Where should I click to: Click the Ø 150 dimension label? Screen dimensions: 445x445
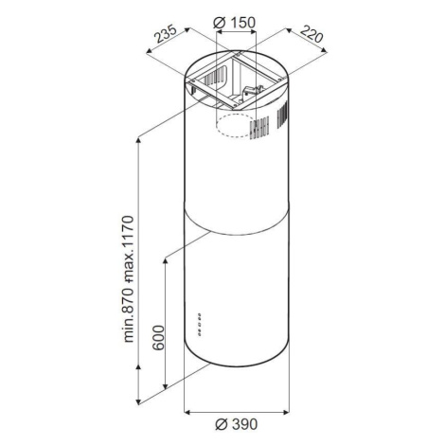coord(234,23)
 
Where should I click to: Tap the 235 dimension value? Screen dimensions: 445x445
coord(166,35)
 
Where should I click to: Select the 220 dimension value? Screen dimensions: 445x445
coord(311,34)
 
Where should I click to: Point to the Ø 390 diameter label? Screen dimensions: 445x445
coord(237,424)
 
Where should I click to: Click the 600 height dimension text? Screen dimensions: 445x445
coord(158,337)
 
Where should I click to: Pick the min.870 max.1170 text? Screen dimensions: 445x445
coord(129,279)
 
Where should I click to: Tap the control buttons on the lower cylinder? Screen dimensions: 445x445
coord(199,324)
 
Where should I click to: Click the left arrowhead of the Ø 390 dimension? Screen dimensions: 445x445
coord(187,412)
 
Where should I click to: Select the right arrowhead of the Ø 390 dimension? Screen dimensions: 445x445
coord(286,412)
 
